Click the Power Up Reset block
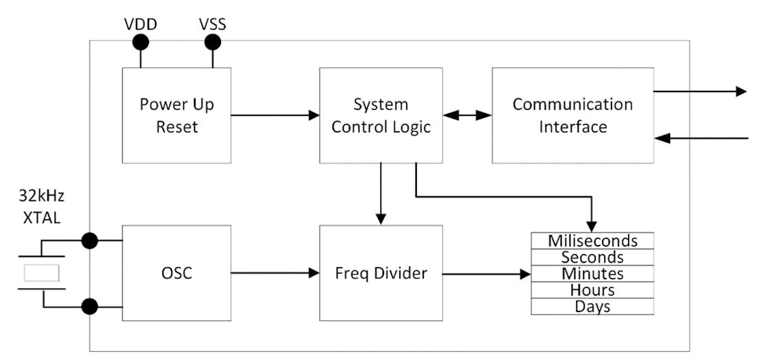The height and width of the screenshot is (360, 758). pyautogui.click(x=176, y=115)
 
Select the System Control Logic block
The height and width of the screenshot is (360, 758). pyautogui.click(x=381, y=115)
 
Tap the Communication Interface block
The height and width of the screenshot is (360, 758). pyautogui.click(x=572, y=115)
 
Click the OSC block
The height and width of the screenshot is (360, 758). pyautogui.click(x=176, y=273)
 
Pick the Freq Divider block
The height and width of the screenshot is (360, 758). pyautogui.click(x=381, y=273)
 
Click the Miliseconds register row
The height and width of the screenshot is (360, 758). pyautogui.click(x=592, y=241)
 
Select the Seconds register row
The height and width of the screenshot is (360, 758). pyautogui.click(x=592, y=257)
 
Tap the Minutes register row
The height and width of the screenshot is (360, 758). pyautogui.click(x=592, y=273)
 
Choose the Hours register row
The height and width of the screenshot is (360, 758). pyautogui.click(x=592, y=290)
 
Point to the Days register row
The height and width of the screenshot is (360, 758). pyautogui.click(x=592, y=306)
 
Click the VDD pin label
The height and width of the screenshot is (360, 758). pyautogui.click(x=140, y=25)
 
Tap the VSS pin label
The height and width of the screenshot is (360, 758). pyautogui.click(x=212, y=25)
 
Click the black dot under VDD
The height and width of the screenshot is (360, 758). pyautogui.click(x=140, y=42)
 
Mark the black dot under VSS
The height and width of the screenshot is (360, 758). pyautogui.click(x=213, y=42)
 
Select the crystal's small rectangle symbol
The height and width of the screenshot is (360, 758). pyautogui.click(x=41, y=273)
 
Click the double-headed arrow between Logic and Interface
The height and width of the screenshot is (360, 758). pyautogui.click(x=467, y=116)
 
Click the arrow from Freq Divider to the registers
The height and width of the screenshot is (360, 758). pyautogui.click(x=486, y=274)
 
